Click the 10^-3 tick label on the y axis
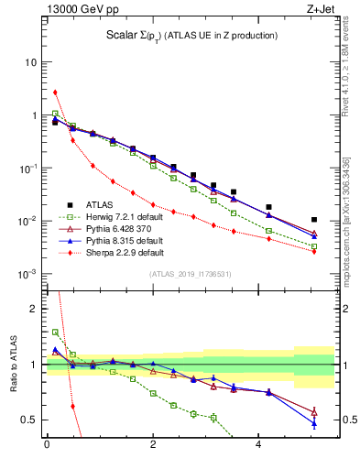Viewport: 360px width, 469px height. pyautogui.click(x=27, y=275)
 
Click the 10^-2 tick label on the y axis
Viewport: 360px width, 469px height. pyautogui.click(x=27, y=222)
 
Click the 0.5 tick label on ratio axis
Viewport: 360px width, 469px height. pyautogui.click(x=29, y=420)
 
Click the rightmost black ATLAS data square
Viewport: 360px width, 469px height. pyautogui.click(x=314, y=220)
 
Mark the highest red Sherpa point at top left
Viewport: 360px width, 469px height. pyautogui.click(x=55, y=92)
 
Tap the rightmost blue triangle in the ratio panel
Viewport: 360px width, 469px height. pyautogui.click(x=314, y=423)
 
